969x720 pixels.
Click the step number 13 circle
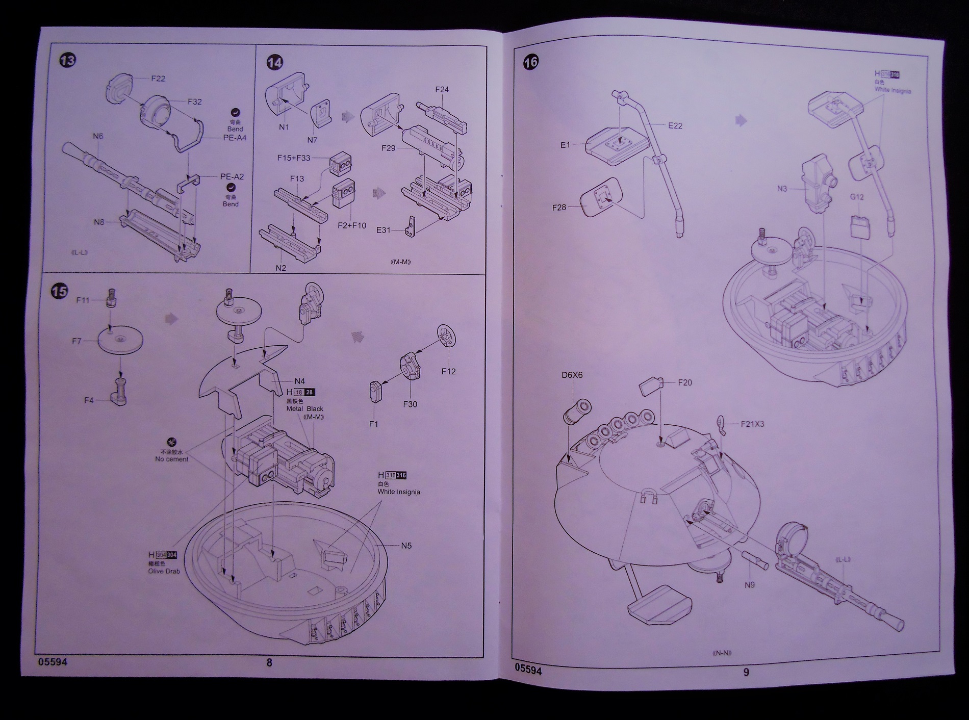point(67,60)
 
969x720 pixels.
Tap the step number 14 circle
point(274,63)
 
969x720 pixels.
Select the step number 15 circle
point(60,291)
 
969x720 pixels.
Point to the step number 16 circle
point(530,62)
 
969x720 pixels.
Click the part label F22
point(158,79)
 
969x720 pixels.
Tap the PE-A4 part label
point(235,138)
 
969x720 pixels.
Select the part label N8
point(98,222)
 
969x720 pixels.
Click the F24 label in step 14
point(442,90)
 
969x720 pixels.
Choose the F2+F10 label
point(352,225)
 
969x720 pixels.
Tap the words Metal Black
point(305,408)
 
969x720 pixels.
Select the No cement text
point(172,459)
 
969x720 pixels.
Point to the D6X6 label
point(572,375)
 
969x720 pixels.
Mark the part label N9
point(749,585)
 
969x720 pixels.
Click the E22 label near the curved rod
point(675,125)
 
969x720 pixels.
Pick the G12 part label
point(857,197)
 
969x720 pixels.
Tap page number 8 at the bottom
point(269,663)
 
